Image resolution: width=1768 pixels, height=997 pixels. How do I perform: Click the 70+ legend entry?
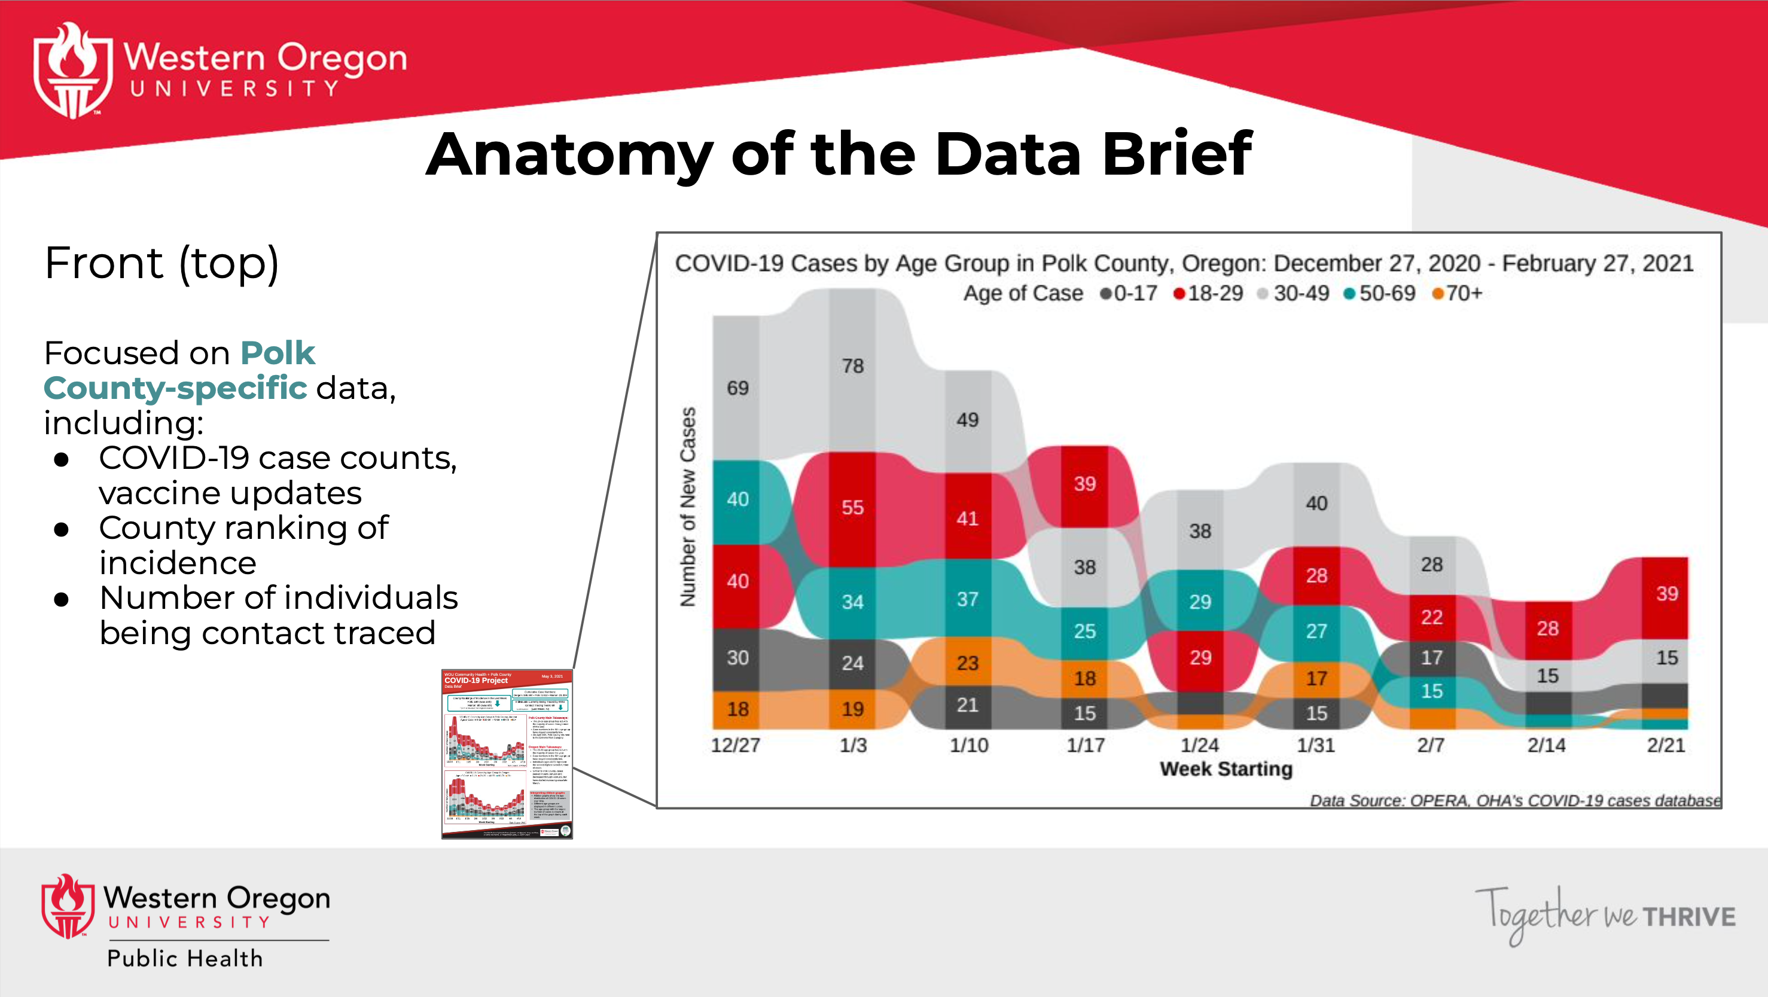[x=1457, y=294]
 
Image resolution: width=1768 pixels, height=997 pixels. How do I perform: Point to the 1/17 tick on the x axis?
[x=1086, y=745]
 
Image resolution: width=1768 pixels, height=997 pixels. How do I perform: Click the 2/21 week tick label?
[x=1666, y=745]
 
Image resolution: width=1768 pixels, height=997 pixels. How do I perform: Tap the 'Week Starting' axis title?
[x=1226, y=769]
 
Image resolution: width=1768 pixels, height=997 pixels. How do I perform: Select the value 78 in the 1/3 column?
[x=852, y=366]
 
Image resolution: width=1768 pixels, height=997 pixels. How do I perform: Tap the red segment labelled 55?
[x=852, y=508]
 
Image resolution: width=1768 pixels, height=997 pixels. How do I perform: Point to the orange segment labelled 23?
[x=968, y=663]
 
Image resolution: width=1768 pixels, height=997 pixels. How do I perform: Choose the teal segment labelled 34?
[x=852, y=602]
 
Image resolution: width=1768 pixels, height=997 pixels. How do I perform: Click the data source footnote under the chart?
[x=1514, y=801]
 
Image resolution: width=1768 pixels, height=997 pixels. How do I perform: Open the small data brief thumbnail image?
[x=507, y=754]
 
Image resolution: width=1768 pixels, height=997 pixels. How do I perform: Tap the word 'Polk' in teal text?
[x=278, y=353]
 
